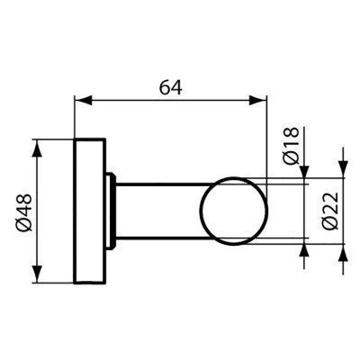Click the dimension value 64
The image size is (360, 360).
point(168,87)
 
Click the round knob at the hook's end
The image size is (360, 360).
point(235,211)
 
